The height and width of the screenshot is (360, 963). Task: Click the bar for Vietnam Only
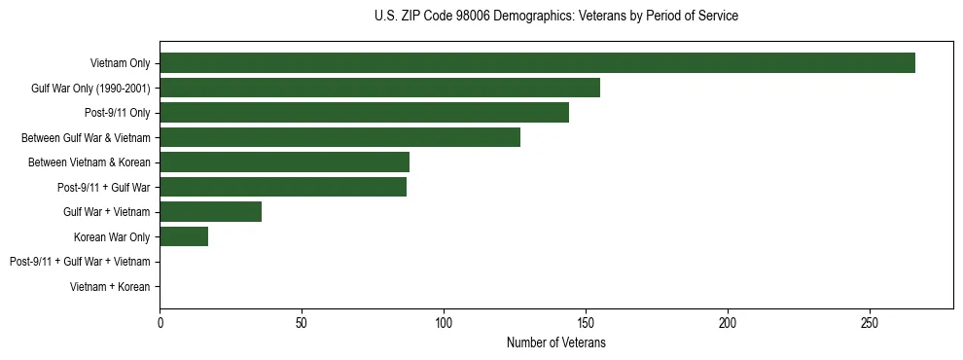coord(537,63)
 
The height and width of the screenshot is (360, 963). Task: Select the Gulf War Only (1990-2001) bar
coord(379,88)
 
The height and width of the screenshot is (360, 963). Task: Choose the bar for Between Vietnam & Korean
coord(284,162)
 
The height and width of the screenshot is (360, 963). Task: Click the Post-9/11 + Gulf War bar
coord(283,187)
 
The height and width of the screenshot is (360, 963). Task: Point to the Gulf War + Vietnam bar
coord(210,212)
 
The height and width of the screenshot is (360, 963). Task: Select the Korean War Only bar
coord(184,236)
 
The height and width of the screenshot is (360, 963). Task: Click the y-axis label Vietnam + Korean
coord(110,287)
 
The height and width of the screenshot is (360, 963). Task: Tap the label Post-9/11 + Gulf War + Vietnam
coord(80,262)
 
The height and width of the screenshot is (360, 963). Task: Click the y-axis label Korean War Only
coord(112,237)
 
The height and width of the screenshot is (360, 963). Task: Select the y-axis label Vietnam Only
coord(120,63)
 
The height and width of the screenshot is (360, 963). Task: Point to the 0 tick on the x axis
coord(160,322)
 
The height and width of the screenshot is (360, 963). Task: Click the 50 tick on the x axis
coord(302,322)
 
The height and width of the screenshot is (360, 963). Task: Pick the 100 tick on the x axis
coord(444,322)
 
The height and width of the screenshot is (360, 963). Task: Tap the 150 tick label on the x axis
coord(586,322)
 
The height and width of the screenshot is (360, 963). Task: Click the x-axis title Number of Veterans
coord(555,342)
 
